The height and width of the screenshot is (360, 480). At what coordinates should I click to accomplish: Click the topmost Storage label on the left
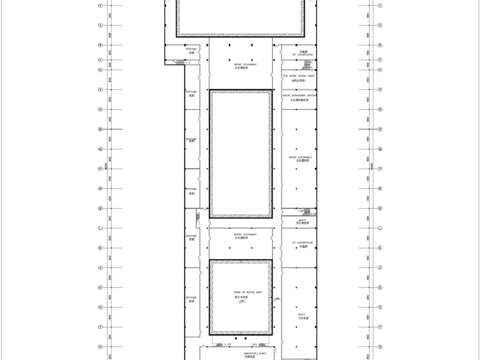191,48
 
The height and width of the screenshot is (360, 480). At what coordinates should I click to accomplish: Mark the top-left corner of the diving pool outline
210,258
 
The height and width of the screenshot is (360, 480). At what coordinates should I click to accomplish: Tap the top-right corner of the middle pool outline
273,90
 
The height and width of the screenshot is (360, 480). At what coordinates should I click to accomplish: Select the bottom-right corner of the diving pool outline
273,336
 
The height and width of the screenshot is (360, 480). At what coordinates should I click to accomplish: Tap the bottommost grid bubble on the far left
100,354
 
